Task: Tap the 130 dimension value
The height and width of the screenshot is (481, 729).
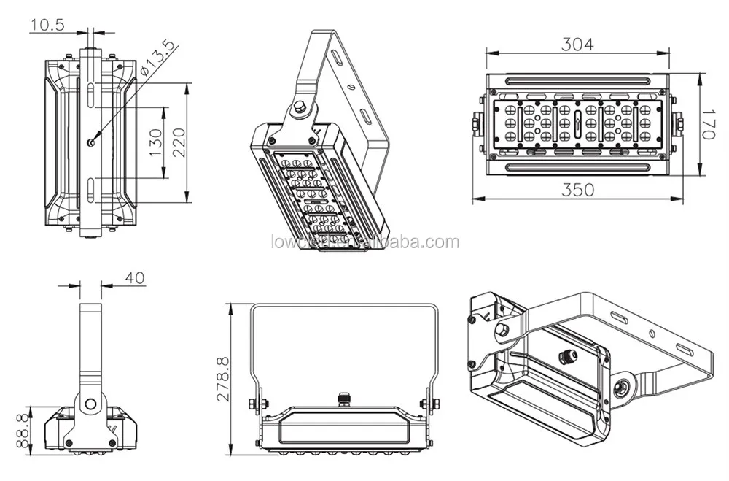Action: tap(155, 144)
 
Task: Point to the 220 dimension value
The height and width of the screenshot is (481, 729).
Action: tap(179, 142)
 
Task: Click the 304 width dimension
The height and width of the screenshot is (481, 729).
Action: tap(577, 44)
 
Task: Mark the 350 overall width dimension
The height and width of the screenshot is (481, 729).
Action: tap(577, 190)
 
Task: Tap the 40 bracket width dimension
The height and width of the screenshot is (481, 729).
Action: tap(135, 277)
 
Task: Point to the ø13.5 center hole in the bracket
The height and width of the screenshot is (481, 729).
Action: tap(90, 142)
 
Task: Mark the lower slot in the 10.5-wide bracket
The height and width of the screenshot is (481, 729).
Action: tap(90, 188)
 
